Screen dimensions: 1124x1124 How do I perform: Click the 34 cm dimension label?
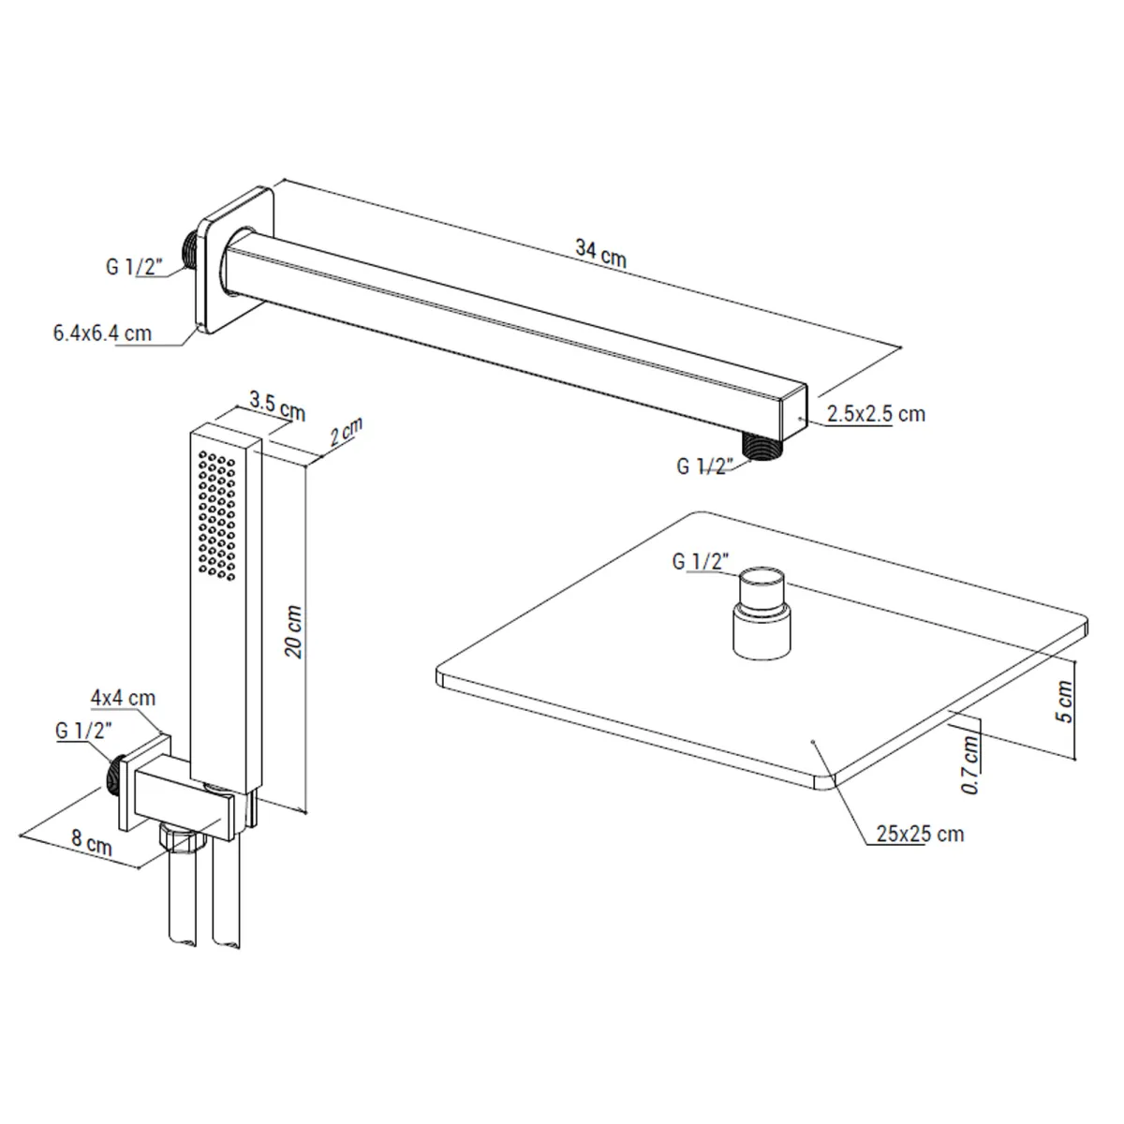(x=600, y=254)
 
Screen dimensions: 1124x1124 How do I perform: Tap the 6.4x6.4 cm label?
(x=102, y=333)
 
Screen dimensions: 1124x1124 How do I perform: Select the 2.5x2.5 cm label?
(x=876, y=414)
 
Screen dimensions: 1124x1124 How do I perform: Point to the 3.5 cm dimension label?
(x=277, y=406)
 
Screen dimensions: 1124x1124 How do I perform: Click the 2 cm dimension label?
(x=346, y=432)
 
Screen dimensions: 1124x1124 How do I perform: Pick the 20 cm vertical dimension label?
(x=294, y=631)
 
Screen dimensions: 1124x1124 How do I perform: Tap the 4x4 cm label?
(x=123, y=698)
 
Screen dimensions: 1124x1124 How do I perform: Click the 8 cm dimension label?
(x=92, y=842)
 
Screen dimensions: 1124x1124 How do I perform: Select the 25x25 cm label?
(x=921, y=834)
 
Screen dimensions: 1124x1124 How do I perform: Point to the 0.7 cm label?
(x=970, y=764)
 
